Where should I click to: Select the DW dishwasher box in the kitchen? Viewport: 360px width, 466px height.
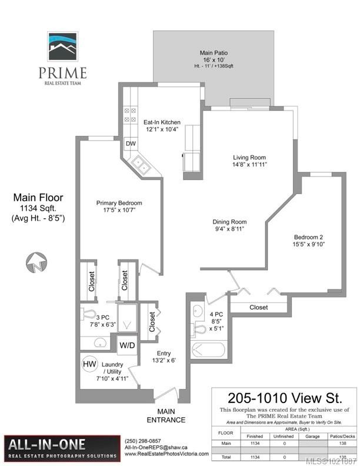pos(131,144)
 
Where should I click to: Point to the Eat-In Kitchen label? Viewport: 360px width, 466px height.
pos(162,122)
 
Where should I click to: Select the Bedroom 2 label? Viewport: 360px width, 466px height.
pos(309,238)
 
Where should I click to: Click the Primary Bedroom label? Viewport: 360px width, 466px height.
pos(119,203)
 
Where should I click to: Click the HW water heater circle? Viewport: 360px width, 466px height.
pos(89,364)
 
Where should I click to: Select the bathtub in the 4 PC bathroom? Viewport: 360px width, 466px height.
pos(206,350)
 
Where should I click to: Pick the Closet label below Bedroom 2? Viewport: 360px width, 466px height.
pos(258,307)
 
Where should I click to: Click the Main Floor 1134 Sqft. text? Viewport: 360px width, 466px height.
pos(38,203)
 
